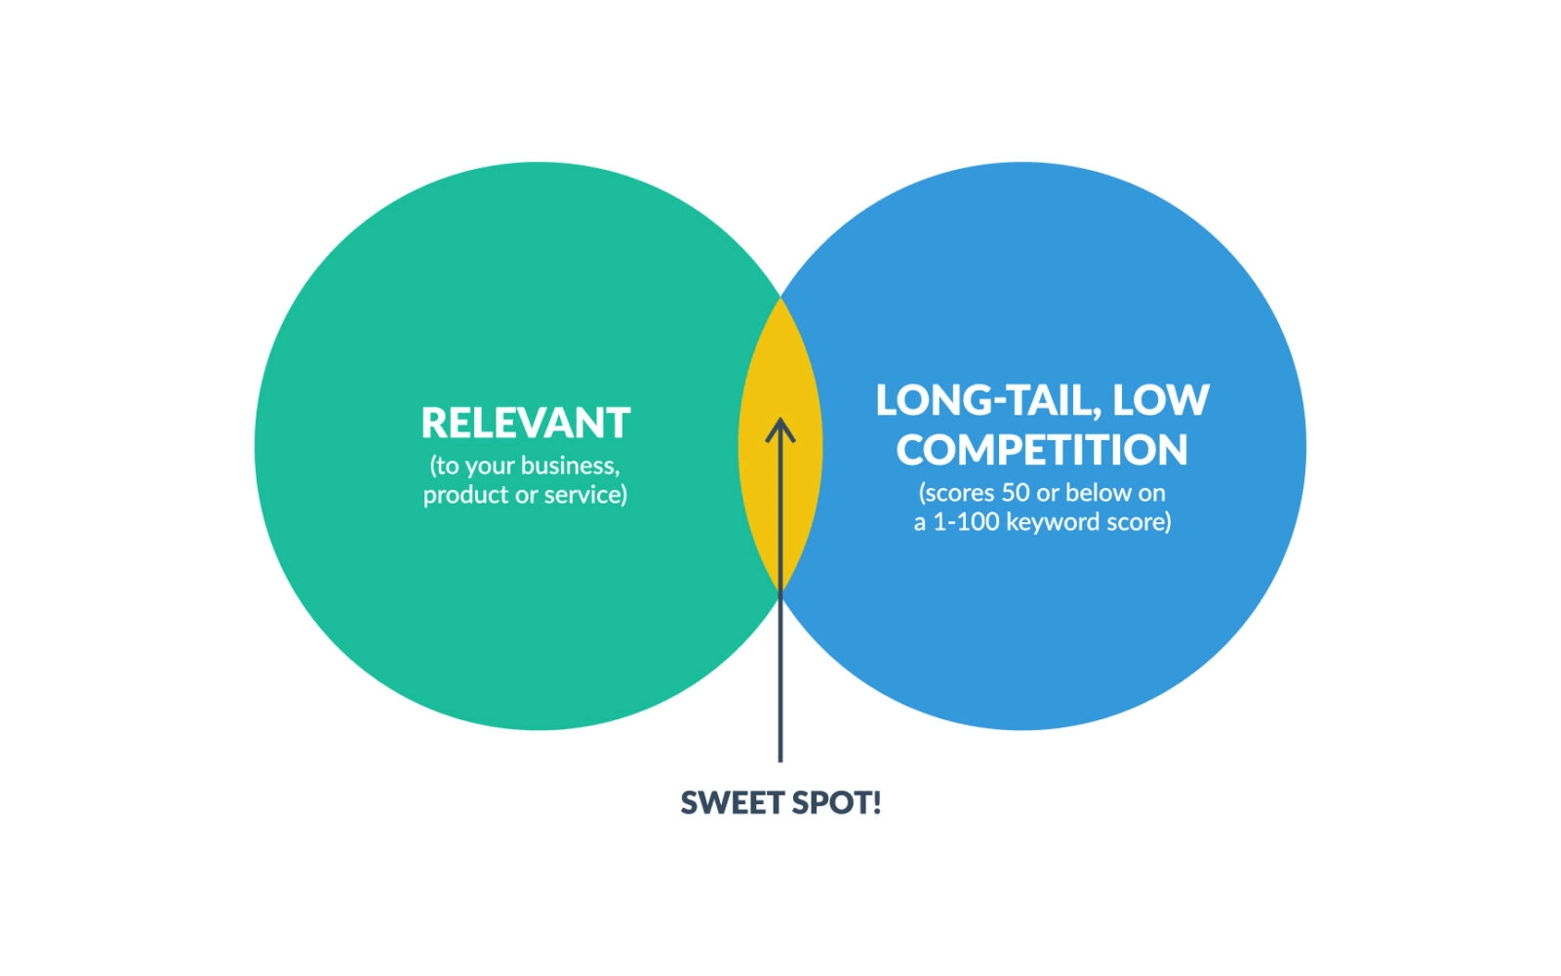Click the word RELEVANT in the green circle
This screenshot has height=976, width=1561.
[526, 423]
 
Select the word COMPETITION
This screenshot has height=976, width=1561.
[1042, 449]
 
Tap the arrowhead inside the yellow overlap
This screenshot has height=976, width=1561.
[780, 430]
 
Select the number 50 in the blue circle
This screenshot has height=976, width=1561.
[1016, 493]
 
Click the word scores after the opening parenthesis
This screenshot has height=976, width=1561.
[957, 493]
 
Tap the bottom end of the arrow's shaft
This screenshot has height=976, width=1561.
[780, 761]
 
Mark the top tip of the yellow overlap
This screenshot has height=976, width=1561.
[780, 298]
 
